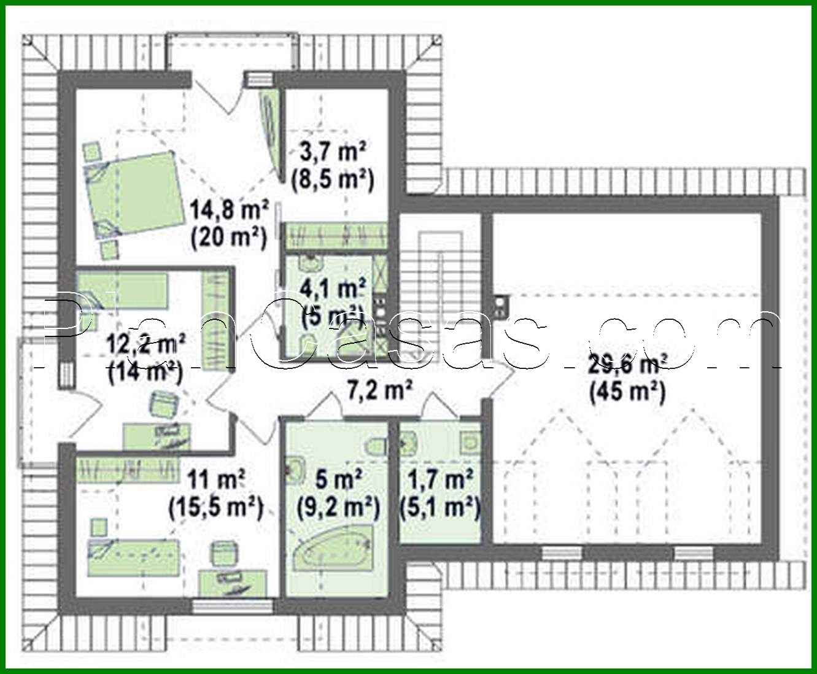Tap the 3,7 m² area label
tap(332, 151)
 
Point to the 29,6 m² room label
tap(627, 365)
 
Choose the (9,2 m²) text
tap(337, 507)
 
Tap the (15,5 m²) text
tap(216, 507)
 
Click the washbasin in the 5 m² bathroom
tap(295, 470)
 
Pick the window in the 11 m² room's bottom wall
tap(231, 606)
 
